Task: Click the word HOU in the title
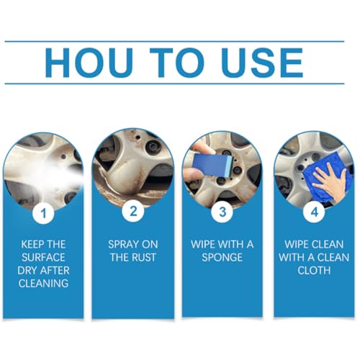(89, 63)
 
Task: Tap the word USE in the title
(262, 63)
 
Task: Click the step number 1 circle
(43, 212)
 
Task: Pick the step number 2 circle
(133, 212)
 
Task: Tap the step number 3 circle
(222, 212)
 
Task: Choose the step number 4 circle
(314, 212)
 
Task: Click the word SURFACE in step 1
(43, 258)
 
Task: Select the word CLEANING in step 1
(43, 284)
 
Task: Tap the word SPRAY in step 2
(124, 245)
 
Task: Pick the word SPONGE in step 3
(222, 258)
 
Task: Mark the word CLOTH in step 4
(314, 271)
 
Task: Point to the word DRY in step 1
(27, 271)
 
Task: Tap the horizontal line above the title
(174, 42)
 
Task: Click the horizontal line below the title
(174, 84)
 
